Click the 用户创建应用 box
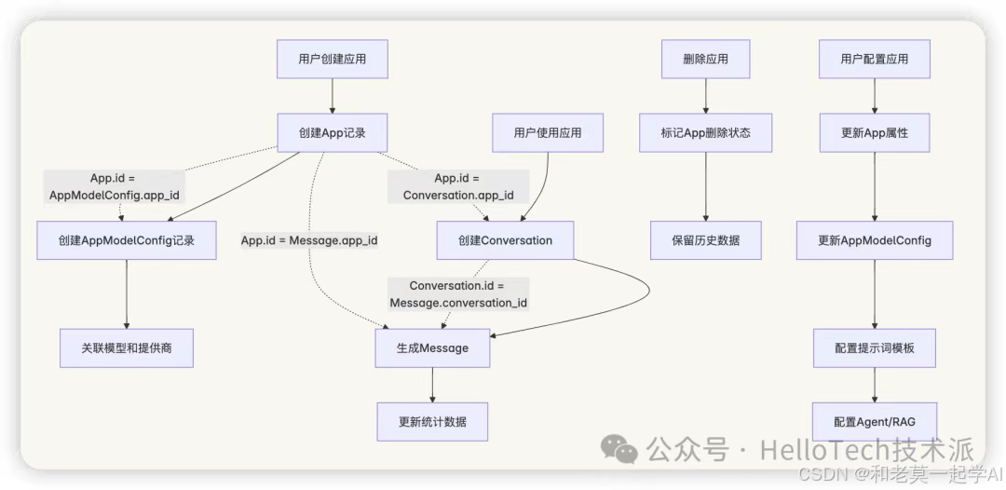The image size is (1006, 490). point(333,59)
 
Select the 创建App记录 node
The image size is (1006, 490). point(333,132)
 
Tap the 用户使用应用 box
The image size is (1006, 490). point(548,132)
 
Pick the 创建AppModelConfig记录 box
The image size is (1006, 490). point(127,240)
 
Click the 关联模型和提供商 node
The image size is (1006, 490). point(127,348)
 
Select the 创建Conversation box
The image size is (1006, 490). point(505,240)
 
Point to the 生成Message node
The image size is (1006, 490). point(432,348)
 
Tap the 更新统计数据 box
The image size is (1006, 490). point(432,422)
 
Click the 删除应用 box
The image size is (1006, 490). point(706,59)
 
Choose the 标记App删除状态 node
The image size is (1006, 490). point(706,132)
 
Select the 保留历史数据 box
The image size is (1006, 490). point(706,240)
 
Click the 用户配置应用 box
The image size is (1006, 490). point(875,59)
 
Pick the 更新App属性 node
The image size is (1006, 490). point(875,132)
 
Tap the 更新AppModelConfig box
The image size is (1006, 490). point(875,240)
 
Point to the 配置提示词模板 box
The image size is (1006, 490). point(875,348)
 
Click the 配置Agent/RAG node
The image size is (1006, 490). point(875,422)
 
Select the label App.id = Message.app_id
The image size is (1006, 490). point(309,240)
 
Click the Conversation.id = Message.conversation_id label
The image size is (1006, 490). point(458,294)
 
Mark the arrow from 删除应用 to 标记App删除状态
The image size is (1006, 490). point(706,96)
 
